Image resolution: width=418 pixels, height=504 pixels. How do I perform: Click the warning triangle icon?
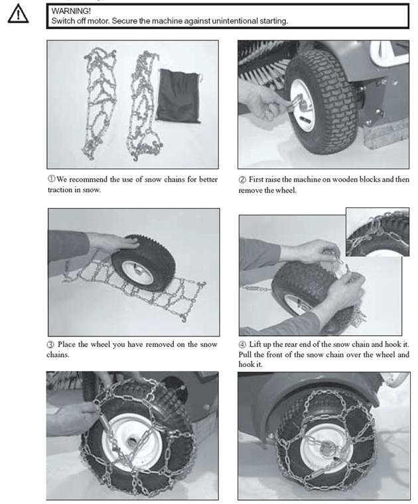pyautogui.click(x=18, y=14)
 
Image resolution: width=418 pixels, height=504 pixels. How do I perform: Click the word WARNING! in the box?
pyautogui.click(x=71, y=11)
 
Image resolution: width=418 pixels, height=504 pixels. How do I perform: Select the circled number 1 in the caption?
pyautogui.click(x=52, y=179)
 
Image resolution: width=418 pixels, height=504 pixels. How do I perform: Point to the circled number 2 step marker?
pyautogui.click(x=242, y=179)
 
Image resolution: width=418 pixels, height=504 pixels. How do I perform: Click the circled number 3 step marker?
pyautogui.click(x=51, y=345)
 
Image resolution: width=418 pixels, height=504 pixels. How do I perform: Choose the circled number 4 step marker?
pyautogui.click(x=242, y=345)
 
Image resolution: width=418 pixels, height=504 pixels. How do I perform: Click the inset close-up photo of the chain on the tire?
pyautogui.click(x=378, y=232)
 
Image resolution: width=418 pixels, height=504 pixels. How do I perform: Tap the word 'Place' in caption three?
pyautogui.click(x=66, y=344)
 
